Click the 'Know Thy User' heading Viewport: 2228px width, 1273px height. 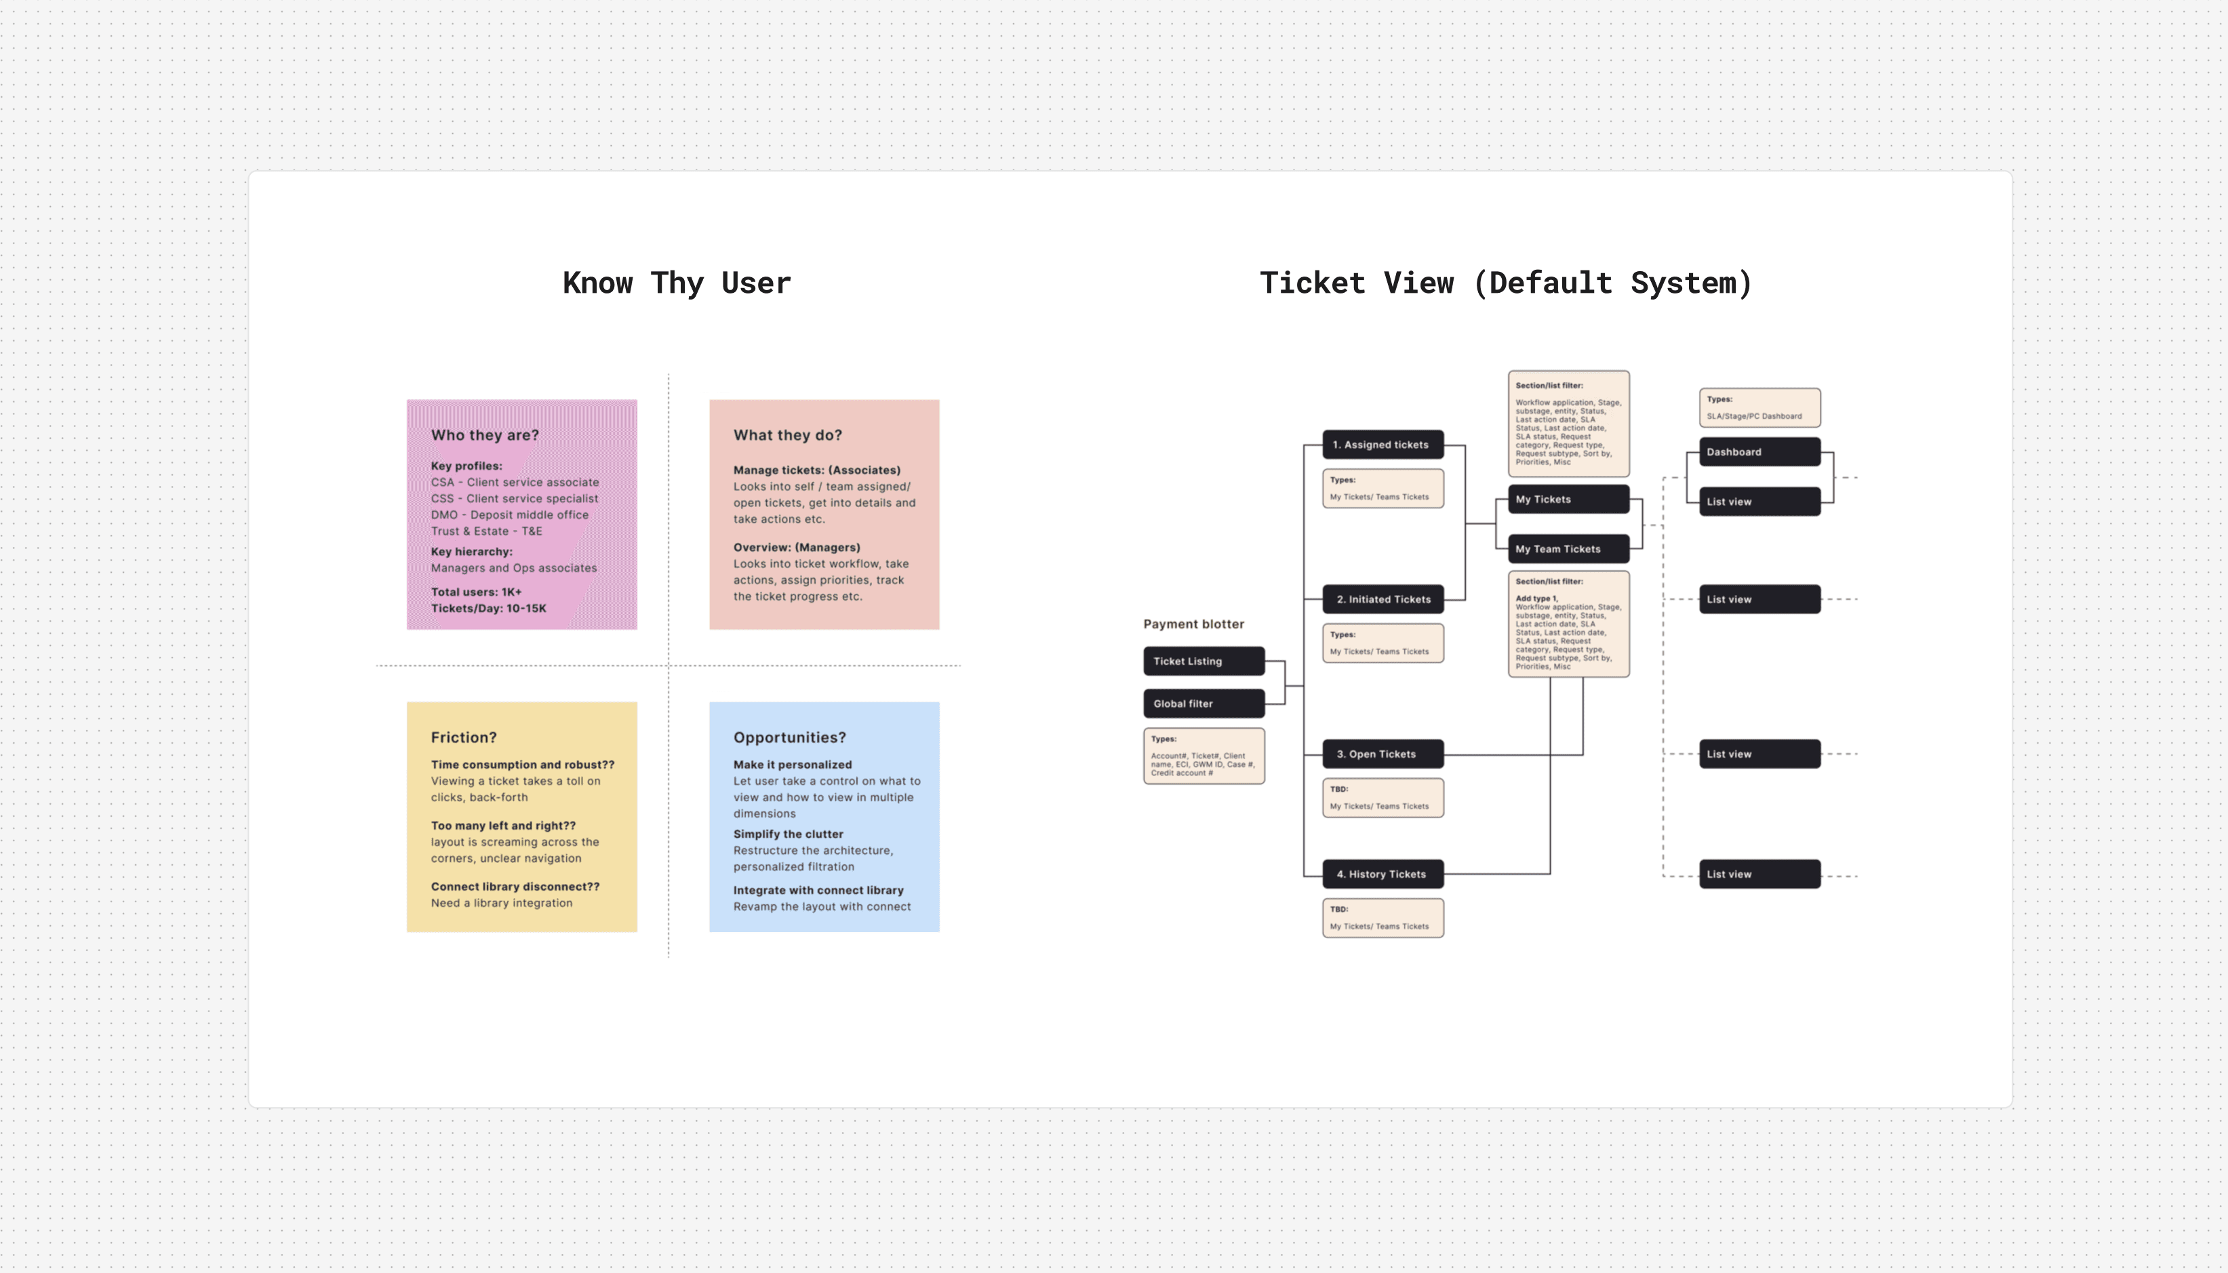(676, 283)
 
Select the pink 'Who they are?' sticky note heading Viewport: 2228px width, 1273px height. (484, 435)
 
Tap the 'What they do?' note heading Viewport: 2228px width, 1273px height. (787, 435)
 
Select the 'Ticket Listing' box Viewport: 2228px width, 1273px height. (1203, 661)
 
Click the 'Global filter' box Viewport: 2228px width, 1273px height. (1203, 704)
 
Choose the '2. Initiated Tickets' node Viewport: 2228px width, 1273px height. (1382, 600)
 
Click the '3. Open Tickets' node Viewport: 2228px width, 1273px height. (1382, 754)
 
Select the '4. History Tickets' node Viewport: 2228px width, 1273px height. (1382, 874)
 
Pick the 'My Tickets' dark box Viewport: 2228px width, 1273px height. (1568, 499)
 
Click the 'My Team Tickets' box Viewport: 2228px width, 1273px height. (1568, 549)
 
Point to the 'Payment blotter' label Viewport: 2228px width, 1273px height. (1193, 624)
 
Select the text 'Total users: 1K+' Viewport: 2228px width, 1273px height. (476, 592)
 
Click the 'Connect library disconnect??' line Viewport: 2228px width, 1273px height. (515, 887)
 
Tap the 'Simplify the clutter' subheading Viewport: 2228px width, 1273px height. (788, 834)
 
